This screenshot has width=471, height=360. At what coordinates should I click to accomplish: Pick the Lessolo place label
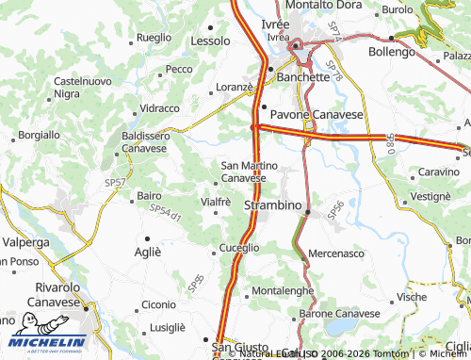[x=210, y=42]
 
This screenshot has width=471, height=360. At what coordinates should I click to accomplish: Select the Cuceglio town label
[x=239, y=248]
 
